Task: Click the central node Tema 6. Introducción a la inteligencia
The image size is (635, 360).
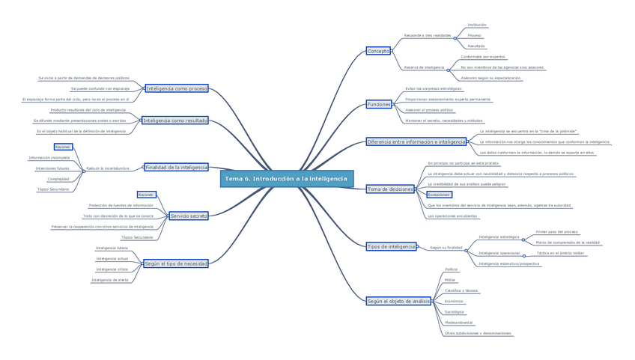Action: [x=286, y=179]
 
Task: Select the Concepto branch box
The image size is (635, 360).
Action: [x=378, y=51]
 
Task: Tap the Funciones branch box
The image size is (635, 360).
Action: [x=379, y=104]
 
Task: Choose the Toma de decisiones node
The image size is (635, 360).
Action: [x=389, y=189]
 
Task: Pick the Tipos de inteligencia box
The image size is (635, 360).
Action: [x=391, y=246]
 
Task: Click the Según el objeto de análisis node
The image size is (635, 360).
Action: [x=398, y=301]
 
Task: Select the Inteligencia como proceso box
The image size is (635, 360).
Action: [x=177, y=88]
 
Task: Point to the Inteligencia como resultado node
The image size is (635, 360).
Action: [x=174, y=120]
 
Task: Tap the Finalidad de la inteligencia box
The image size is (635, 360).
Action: [x=176, y=168]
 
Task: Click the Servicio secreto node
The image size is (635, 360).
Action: [x=188, y=216]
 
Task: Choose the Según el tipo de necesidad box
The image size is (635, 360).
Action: [x=176, y=263]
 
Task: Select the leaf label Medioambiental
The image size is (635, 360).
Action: [x=458, y=323]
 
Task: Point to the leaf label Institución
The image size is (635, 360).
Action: [x=476, y=25]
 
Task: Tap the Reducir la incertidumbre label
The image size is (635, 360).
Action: [x=108, y=168]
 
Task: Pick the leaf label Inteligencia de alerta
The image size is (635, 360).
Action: [x=109, y=280]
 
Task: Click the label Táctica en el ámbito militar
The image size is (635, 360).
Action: [x=560, y=253]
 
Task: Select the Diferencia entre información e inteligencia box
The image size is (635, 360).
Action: [x=416, y=141]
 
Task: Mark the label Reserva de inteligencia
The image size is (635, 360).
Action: [x=424, y=67]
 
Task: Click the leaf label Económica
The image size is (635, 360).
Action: [x=454, y=301]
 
